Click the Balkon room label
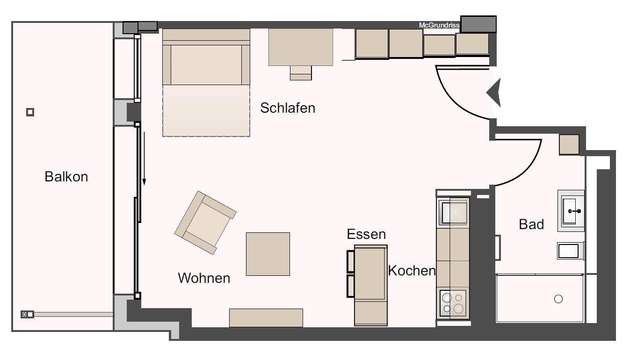[66, 177]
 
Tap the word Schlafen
[288, 108]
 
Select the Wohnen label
[204, 278]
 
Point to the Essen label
[366, 234]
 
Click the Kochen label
[412, 271]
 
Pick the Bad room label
[531, 224]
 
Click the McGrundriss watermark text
[439, 25]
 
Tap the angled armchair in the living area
[205, 223]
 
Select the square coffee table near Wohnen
[268, 254]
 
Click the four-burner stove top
[453, 303]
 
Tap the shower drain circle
[558, 299]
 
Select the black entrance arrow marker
[494, 93]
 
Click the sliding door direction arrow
[145, 159]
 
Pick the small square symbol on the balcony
[30, 112]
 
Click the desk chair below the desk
[301, 73]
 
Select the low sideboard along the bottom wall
[266, 318]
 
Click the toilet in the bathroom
[571, 251]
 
